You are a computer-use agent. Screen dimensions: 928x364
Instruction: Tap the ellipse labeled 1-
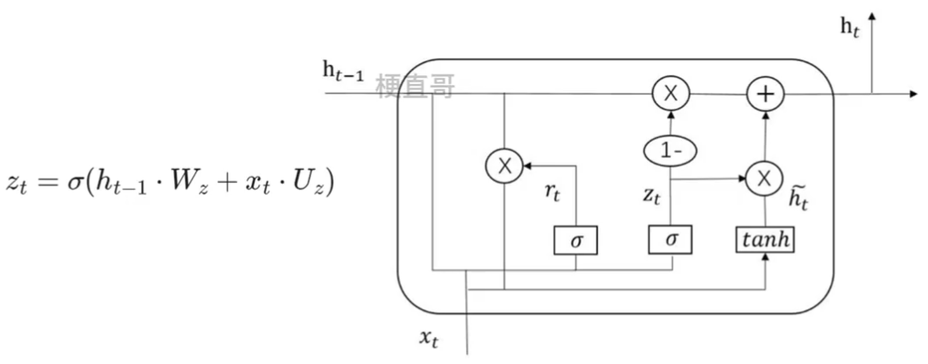click(x=671, y=150)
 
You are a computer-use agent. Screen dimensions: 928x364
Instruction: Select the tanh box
click(x=765, y=238)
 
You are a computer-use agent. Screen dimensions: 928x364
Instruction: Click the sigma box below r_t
click(x=575, y=239)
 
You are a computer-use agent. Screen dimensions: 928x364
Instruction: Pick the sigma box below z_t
click(x=671, y=239)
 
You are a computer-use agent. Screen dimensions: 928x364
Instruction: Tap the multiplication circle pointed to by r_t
click(x=505, y=165)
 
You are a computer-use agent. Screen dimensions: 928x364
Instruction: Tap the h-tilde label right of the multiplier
click(x=798, y=197)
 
